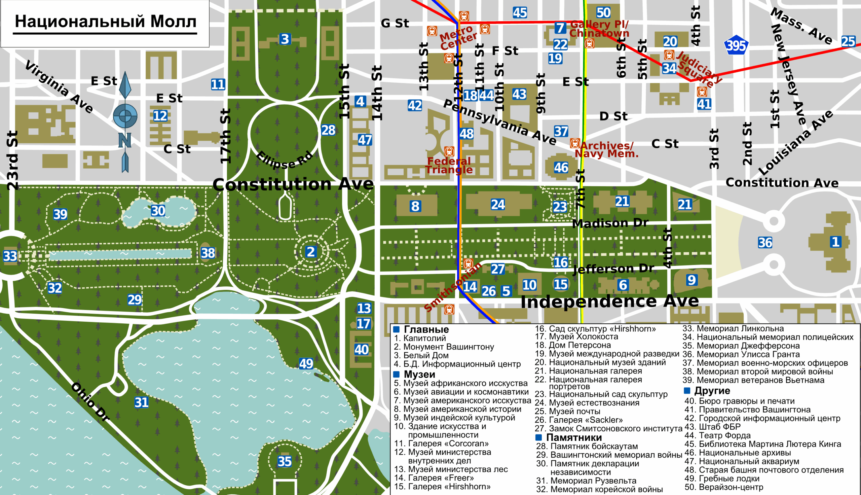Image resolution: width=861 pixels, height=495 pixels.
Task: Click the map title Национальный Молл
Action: (x=105, y=22)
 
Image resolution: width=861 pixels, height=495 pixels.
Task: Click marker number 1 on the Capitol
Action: (x=835, y=242)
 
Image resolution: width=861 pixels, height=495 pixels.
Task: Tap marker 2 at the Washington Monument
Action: (x=310, y=252)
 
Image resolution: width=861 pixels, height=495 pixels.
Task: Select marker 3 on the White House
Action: (x=285, y=39)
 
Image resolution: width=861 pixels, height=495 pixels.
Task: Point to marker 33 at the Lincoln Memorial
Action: (x=10, y=256)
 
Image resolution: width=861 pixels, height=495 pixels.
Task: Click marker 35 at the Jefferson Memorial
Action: (x=285, y=461)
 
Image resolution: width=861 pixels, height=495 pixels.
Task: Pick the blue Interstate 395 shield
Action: (x=736, y=45)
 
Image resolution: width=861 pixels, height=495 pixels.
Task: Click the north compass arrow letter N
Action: (x=125, y=140)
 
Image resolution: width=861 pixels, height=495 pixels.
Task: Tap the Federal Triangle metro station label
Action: (x=449, y=165)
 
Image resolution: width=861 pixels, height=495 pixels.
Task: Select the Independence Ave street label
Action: (x=609, y=301)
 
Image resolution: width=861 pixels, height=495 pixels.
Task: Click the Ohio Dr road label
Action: (x=90, y=402)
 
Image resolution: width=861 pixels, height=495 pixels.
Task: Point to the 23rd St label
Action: (x=12, y=160)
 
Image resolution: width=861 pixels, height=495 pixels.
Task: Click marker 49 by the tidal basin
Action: (x=306, y=363)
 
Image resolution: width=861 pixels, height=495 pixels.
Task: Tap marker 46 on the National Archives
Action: (x=561, y=167)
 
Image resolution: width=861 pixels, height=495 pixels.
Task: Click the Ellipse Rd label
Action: (x=285, y=160)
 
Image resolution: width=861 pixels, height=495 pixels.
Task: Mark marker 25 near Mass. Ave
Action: (x=848, y=41)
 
